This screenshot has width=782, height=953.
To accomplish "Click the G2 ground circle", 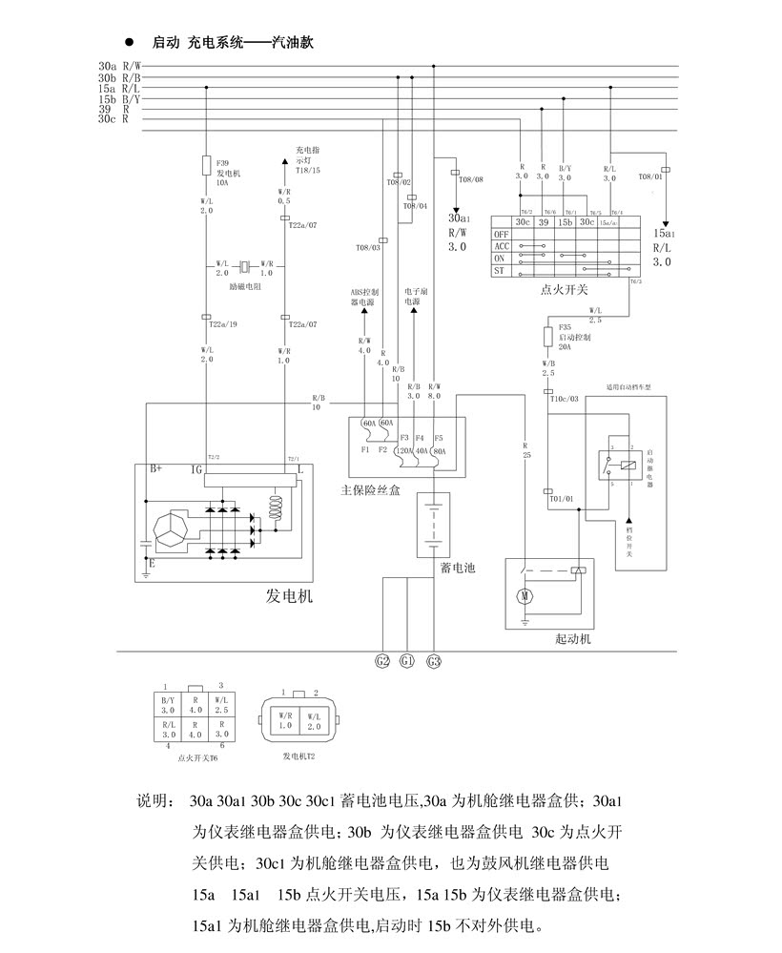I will (x=383, y=660).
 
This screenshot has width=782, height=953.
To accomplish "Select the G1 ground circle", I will (x=408, y=660).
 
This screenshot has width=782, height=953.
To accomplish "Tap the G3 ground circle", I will (x=434, y=660).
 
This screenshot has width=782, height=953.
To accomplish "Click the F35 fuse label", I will (x=566, y=327).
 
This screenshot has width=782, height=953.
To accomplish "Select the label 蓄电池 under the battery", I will (x=458, y=568).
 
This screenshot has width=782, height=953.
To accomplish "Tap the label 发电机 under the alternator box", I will (x=289, y=597).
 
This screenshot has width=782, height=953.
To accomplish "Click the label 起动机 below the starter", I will (x=572, y=639).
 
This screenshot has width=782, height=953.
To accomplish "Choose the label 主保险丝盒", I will (x=371, y=489).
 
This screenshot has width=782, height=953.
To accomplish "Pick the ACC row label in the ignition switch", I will (x=501, y=246).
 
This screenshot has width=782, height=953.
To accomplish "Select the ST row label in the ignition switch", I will (x=499, y=270).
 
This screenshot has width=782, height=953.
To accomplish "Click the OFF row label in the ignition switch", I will (x=501, y=234).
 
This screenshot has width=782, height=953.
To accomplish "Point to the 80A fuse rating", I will (x=440, y=450).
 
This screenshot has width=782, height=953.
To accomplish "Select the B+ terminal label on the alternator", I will (x=154, y=469).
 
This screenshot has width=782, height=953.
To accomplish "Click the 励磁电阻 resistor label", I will (x=246, y=285).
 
